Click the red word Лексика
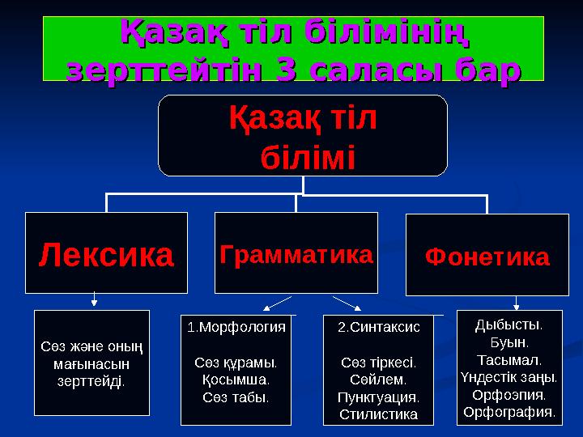(x=106, y=255)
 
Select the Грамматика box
(x=296, y=253)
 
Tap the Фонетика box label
(x=487, y=257)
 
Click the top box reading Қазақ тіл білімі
(x=303, y=136)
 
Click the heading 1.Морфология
(x=236, y=328)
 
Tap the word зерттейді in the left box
(x=92, y=381)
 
